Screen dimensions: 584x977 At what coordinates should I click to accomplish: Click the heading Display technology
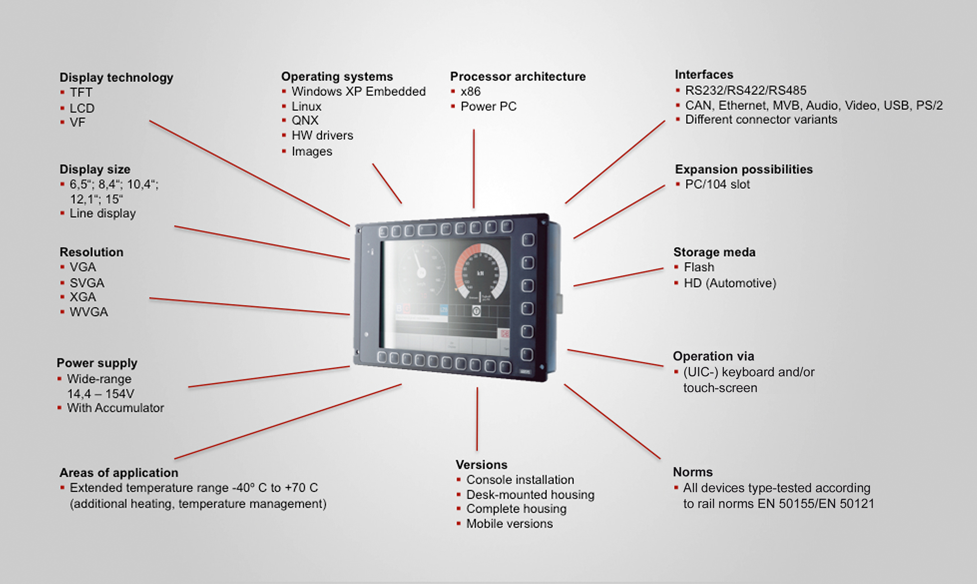(x=116, y=77)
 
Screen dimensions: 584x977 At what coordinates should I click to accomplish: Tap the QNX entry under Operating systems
(x=304, y=120)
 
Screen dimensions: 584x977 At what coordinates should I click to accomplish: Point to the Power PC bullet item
(x=488, y=106)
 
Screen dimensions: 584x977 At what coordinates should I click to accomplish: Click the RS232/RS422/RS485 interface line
(x=745, y=91)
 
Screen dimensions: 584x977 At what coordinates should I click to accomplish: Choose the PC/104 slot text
(x=717, y=184)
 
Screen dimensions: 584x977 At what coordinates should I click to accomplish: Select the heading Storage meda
(x=714, y=252)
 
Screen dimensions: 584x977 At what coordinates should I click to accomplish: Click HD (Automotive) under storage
(x=729, y=283)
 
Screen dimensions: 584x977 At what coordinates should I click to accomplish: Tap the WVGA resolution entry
(x=89, y=312)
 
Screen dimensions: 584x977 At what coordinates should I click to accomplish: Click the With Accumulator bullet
(x=115, y=408)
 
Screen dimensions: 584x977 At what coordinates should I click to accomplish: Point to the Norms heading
(x=693, y=472)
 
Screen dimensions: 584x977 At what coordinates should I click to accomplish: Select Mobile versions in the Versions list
(x=509, y=524)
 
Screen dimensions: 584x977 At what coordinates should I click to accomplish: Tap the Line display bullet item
(x=102, y=213)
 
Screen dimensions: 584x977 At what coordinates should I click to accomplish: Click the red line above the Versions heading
(x=477, y=419)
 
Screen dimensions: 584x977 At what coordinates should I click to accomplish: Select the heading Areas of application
(x=119, y=473)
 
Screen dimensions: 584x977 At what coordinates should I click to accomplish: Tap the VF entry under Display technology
(x=77, y=122)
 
